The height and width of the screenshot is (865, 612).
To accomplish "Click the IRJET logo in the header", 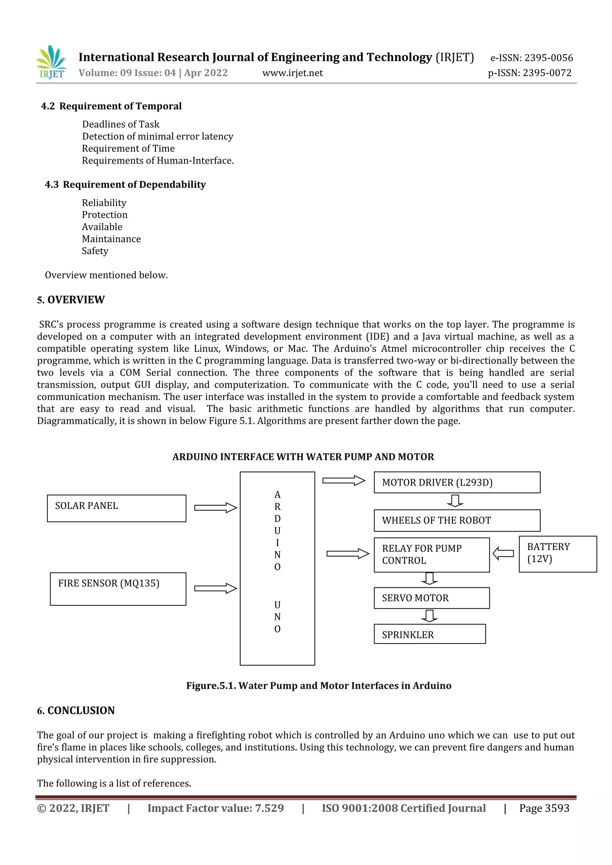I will (x=52, y=62).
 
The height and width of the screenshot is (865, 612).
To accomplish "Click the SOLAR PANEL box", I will (x=117, y=508).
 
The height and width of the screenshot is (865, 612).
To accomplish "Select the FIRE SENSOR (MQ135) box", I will (x=118, y=589).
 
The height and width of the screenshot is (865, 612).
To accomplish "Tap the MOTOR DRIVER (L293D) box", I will (x=457, y=482).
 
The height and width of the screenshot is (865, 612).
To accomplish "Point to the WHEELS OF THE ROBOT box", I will (x=457, y=520).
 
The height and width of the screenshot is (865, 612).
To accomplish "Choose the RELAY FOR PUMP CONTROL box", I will (x=432, y=555).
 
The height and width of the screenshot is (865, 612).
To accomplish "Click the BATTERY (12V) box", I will (x=557, y=554).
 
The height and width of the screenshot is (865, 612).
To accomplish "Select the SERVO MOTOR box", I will (x=432, y=598).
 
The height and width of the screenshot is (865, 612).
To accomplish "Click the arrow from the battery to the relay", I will (x=504, y=553).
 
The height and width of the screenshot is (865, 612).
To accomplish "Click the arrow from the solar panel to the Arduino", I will (x=215, y=507).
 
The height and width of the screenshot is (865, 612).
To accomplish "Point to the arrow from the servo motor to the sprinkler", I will (x=429, y=616).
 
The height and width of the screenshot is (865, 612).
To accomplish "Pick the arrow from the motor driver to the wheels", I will (x=455, y=501).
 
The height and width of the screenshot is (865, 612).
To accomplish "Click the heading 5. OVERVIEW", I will (x=71, y=300).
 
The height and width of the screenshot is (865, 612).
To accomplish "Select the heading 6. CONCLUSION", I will (x=76, y=711).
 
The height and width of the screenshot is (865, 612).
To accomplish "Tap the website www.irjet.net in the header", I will (x=293, y=73).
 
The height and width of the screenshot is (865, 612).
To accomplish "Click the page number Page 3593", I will (x=544, y=808).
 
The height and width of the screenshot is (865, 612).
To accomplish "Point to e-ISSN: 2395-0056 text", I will (x=531, y=58).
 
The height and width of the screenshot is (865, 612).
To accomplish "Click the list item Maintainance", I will (x=111, y=239).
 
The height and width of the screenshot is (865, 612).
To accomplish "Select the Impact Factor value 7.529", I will (x=215, y=808).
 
